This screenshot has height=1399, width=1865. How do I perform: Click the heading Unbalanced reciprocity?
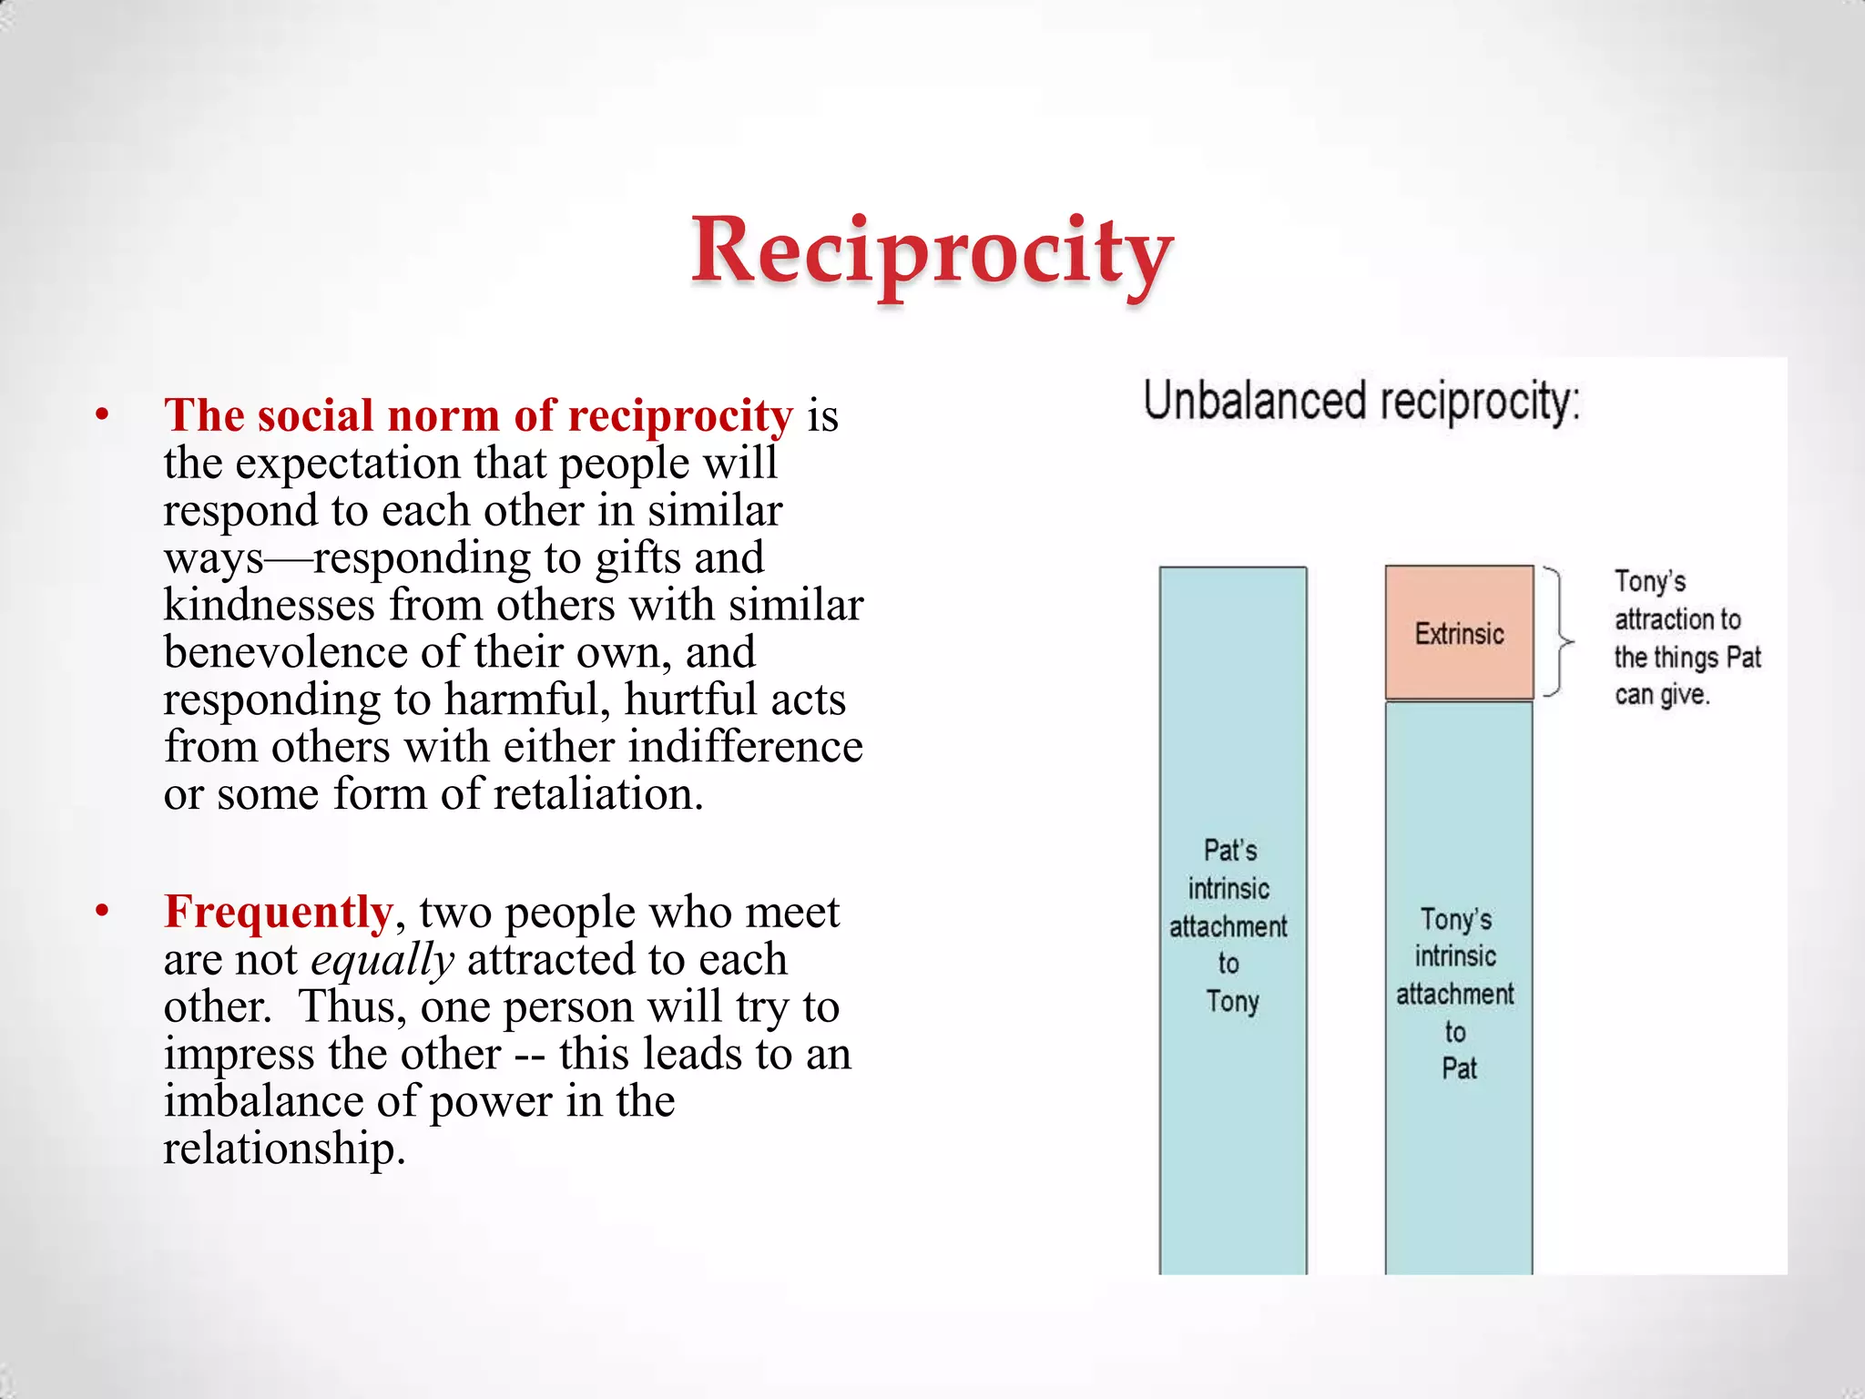[1361, 402]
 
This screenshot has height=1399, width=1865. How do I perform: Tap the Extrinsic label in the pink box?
[1459, 634]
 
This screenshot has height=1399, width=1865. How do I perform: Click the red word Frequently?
[278, 912]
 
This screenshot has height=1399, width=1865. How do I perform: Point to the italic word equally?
[382, 959]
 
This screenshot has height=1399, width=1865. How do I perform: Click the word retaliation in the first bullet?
[598, 794]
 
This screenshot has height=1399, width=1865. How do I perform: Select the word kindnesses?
[270, 605]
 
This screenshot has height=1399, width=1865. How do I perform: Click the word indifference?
[745, 747]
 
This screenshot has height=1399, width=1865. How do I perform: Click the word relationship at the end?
[283, 1149]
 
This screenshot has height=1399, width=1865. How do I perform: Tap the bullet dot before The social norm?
[102, 415]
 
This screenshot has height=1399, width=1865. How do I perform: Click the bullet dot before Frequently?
[102, 912]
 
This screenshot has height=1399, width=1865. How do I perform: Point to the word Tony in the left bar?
[1232, 1002]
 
